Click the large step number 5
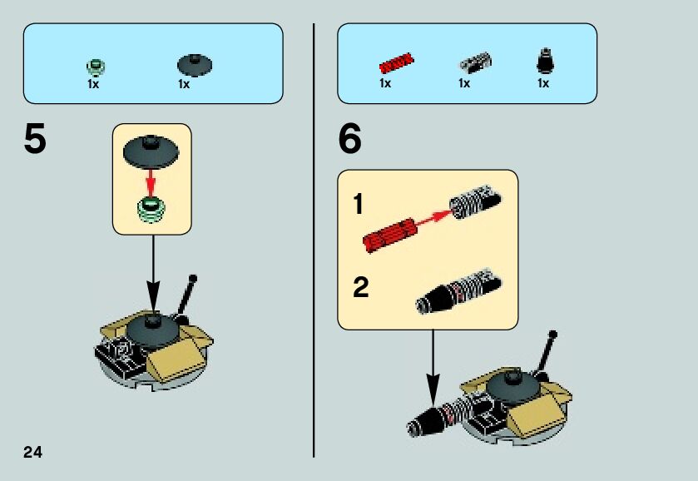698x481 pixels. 35,138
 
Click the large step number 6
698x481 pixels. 350,138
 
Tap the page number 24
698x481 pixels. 32,452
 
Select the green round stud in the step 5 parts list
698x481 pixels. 96,67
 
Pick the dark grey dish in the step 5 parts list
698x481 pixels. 195,65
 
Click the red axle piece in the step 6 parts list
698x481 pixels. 396,62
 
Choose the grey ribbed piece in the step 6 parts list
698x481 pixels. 475,62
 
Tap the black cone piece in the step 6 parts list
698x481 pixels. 545,60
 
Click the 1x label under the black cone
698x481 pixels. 543,83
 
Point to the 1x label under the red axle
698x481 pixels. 385,83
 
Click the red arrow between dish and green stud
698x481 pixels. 151,182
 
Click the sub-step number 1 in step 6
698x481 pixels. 358,205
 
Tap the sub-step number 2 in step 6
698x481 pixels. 360,287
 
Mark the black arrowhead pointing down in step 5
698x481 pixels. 153,298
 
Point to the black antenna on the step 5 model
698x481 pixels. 186,296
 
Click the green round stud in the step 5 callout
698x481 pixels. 151,210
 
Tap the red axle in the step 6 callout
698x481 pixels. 389,236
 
